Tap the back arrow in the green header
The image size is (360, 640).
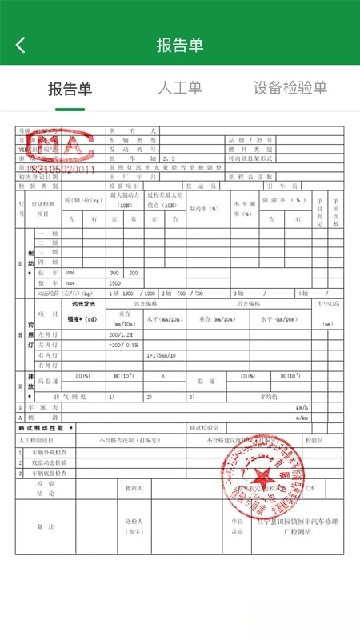21,45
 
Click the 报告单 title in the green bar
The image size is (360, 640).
180,45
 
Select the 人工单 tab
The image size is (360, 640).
180,88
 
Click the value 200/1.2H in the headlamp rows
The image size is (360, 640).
123,334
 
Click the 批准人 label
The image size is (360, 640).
133,487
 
